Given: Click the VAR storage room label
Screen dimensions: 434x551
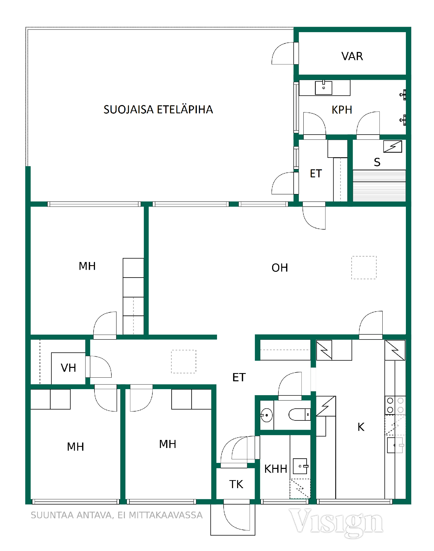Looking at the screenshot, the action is click(352, 56).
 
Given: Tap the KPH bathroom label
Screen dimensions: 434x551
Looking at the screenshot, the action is click(342, 110).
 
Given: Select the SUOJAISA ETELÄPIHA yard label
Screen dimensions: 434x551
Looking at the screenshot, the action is click(158, 109).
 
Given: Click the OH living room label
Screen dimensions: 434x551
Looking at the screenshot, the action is click(280, 268).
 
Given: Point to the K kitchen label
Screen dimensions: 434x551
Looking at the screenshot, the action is click(361, 427).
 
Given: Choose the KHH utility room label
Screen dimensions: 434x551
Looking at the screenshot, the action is click(276, 469).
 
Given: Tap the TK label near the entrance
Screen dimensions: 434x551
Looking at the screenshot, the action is click(236, 484).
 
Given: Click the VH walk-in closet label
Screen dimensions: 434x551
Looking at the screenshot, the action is click(68, 368).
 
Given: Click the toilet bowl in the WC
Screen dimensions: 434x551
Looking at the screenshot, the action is click(299, 414).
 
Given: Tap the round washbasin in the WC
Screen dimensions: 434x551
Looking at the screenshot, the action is click(266, 415).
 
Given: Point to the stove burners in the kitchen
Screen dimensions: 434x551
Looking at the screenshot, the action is click(395, 405).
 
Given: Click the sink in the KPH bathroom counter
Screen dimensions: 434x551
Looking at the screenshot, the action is click(323, 88).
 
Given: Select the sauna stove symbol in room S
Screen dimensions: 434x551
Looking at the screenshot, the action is click(393, 146).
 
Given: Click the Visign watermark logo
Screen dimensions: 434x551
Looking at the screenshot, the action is click(336, 523).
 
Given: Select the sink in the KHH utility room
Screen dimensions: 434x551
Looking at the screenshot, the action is click(300, 466).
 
